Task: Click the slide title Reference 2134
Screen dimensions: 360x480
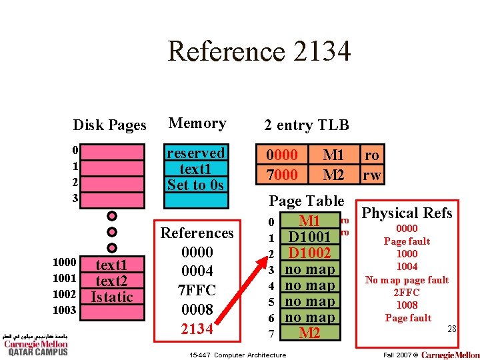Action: click(x=259, y=51)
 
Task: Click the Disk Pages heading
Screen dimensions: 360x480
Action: click(x=109, y=125)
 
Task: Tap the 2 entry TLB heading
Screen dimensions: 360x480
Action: click(x=306, y=125)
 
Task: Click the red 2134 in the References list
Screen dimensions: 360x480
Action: click(x=197, y=329)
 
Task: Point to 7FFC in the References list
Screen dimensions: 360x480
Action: click(x=197, y=291)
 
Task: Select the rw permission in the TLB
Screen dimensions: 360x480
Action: click(x=371, y=175)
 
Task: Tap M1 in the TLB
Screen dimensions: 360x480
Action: click(x=333, y=155)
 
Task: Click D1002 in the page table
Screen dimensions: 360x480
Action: click(x=310, y=253)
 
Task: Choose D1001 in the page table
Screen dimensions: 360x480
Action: click(x=310, y=237)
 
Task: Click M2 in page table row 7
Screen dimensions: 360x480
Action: click(x=310, y=333)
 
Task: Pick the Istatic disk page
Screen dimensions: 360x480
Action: click(x=112, y=297)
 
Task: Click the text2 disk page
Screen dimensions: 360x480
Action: click(x=112, y=281)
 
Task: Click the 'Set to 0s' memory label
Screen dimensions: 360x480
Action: click(x=196, y=185)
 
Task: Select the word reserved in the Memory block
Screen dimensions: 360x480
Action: click(x=196, y=153)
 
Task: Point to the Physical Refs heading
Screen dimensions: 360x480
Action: click(x=407, y=213)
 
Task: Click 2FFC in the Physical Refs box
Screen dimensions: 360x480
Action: click(x=407, y=292)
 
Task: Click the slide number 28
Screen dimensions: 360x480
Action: click(x=451, y=329)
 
